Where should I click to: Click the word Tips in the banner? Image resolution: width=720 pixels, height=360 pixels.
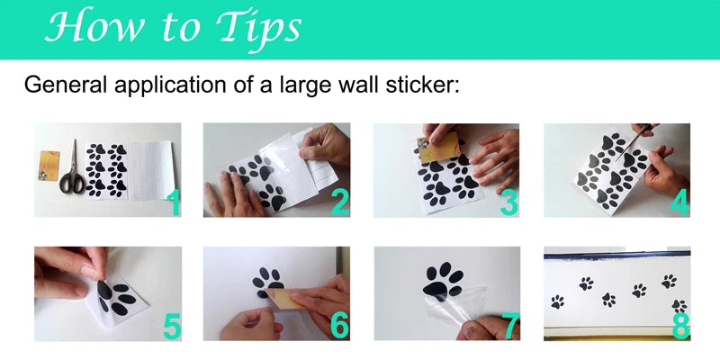pyautogui.click(x=258, y=29)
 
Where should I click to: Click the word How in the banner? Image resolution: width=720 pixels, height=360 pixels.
pyautogui.click(x=94, y=26)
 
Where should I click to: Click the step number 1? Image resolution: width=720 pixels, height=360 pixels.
pyautogui.click(x=174, y=203)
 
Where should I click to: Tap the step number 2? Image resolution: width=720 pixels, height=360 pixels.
pyautogui.click(x=340, y=203)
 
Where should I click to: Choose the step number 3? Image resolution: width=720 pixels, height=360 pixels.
pyautogui.click(x=508, y=203)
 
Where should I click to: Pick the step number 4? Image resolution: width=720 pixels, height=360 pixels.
pyautogui.click(x=679, y=203)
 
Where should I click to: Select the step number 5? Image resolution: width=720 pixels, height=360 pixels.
pyautogui.click(x=172, y=327)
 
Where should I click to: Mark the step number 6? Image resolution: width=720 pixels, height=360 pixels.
pyautogui.click(x=340, y=327)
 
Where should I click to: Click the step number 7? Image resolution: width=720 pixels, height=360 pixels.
pyautogui.click(x=510, y=327)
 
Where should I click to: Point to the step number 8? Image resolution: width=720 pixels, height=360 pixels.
pyautogui.click(x=680, y=327)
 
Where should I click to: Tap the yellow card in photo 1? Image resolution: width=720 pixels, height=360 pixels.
pyautogui.click(x=49, y=166)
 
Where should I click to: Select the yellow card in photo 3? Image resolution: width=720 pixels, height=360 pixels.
pyautogui.click(x=438, y=147)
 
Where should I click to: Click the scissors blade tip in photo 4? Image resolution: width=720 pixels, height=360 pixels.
pyautogui.click(x=616, y=161)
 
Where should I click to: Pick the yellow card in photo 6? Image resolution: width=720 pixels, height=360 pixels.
pyautogui.click(x=281, y=298)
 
